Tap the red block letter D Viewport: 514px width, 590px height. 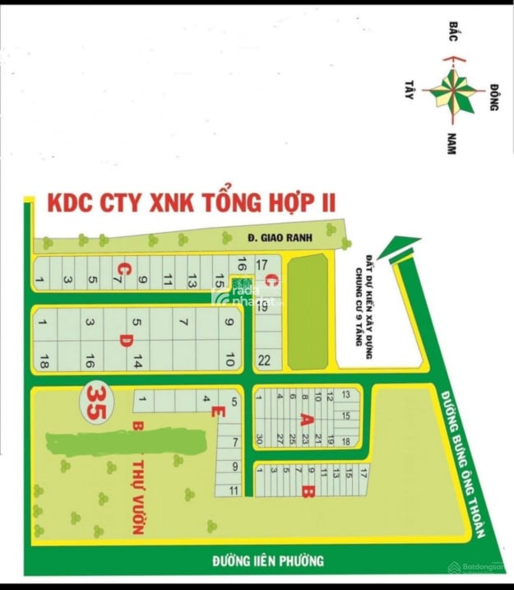pos(125,339)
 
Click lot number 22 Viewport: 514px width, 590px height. pos(264,360)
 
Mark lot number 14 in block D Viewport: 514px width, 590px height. pos(138,360)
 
